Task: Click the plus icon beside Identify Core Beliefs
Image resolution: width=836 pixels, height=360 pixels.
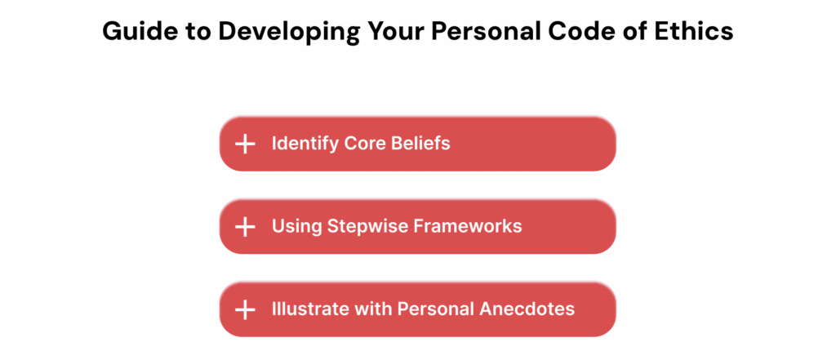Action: [x=245, y=144]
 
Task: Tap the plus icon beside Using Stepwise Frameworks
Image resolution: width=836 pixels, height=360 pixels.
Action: [x=245, y=227]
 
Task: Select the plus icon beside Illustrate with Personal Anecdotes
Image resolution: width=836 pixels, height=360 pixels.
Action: [x=245, y=309]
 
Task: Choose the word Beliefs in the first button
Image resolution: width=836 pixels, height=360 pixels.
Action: [x=420, y=144]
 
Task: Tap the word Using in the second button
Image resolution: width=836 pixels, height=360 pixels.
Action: [x=296, y=226]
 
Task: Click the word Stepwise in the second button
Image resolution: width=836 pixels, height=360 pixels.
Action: [x=362, y=226]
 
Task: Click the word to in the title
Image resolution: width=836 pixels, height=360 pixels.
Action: [x=181, y=31]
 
